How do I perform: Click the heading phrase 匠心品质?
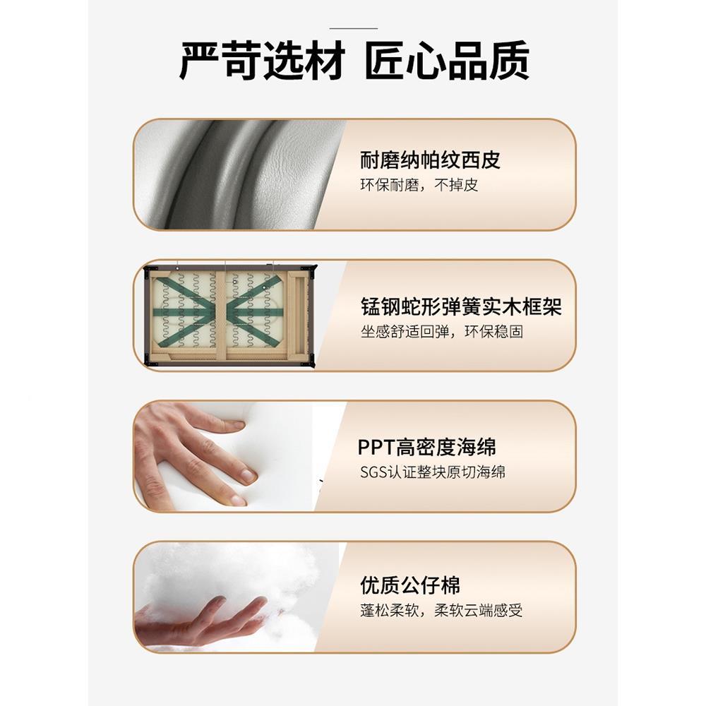pos(446,61)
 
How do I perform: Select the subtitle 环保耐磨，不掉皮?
pos(419,186)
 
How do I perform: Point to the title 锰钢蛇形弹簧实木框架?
pos(461,307)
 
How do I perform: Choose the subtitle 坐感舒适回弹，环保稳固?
pos(442,332)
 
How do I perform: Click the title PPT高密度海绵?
pos(426,447)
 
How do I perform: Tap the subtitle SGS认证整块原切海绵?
pos(432,472)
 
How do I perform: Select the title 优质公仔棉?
pos(409,585)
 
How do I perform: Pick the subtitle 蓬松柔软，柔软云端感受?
pos(441,611)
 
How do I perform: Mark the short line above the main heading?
pos(353,28)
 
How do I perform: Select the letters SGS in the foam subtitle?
pos(373,472)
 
